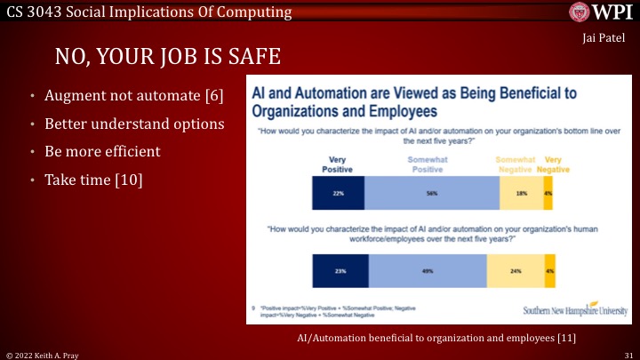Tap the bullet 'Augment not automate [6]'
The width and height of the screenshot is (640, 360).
point(133,94)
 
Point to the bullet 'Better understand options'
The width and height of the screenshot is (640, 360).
point(133,123)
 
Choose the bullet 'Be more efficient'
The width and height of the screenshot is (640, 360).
point(102,151)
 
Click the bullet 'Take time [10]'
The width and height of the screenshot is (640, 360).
point(92,180)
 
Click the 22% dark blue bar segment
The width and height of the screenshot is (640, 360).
point(339,192)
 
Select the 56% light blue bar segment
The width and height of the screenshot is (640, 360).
point(433,192)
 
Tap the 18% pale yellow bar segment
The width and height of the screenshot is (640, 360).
point(521,192)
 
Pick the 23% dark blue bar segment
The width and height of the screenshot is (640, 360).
point(340,271)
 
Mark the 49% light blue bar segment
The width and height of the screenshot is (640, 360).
point(428,271)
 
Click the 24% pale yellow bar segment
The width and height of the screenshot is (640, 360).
point(516,271)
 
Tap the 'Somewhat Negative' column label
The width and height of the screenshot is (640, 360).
point(516,164)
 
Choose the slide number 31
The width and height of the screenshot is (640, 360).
point(627,354)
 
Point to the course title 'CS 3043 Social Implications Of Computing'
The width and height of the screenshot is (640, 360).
point(148,12)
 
